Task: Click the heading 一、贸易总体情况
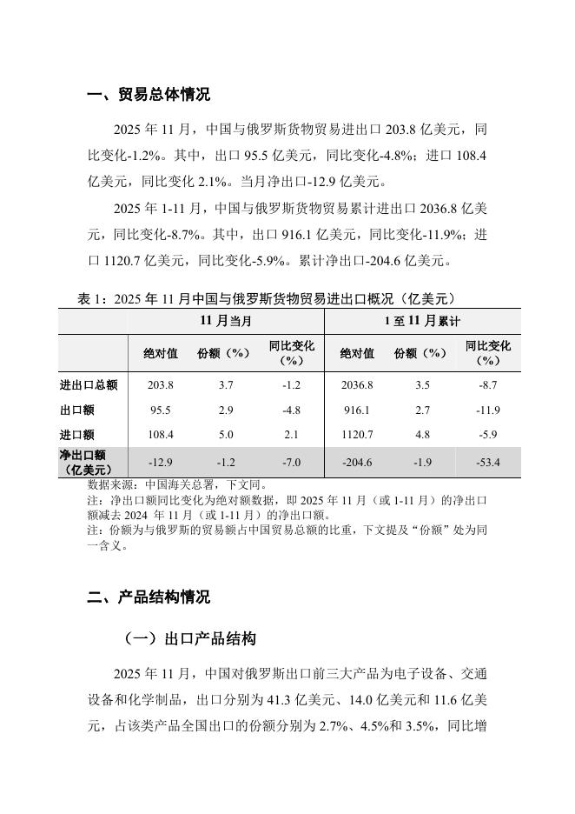click(x=149, y=94)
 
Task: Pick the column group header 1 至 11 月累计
click(x=422, y=321)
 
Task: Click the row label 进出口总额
click(x=89, y=384)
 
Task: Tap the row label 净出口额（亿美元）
click(x=83, y=462)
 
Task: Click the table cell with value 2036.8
click(x=357, y=384)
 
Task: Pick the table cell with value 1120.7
click(x=357, y=435)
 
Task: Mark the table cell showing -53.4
click(x=488, y=462)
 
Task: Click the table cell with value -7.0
click(x=291, y=462)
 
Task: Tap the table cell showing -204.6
click(x=357, y=462)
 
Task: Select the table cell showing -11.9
click(x=488, y=410)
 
